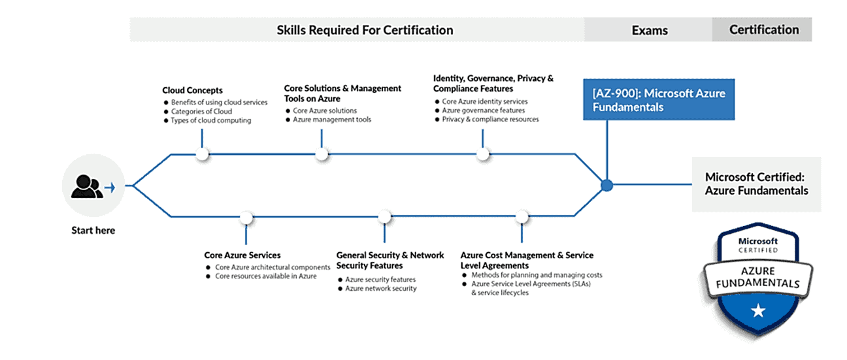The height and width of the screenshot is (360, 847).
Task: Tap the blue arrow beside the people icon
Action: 110,188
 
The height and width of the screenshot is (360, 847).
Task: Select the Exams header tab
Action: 649,30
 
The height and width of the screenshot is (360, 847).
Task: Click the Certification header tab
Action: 763,29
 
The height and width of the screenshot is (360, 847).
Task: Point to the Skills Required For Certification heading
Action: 364,30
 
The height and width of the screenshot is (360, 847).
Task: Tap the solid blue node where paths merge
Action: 606,186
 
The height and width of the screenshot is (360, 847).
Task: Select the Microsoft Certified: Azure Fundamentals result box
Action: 756,184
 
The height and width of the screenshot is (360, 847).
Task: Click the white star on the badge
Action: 758,311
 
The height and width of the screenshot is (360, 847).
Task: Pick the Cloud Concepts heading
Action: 192,90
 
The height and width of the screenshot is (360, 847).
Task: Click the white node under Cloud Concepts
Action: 202,154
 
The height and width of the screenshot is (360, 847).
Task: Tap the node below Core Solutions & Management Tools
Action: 322,154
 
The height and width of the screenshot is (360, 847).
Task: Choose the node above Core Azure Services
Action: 246,217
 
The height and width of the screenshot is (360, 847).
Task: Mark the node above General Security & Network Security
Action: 384,216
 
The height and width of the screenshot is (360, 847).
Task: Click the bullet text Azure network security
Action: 380,288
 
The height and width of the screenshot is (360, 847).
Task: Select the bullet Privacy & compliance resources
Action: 490,120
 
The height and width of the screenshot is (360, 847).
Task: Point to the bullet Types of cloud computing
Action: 210,120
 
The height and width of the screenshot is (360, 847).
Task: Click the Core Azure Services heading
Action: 242,255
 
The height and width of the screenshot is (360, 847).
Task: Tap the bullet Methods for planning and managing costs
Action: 537,275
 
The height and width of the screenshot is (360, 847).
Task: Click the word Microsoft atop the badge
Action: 758,240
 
